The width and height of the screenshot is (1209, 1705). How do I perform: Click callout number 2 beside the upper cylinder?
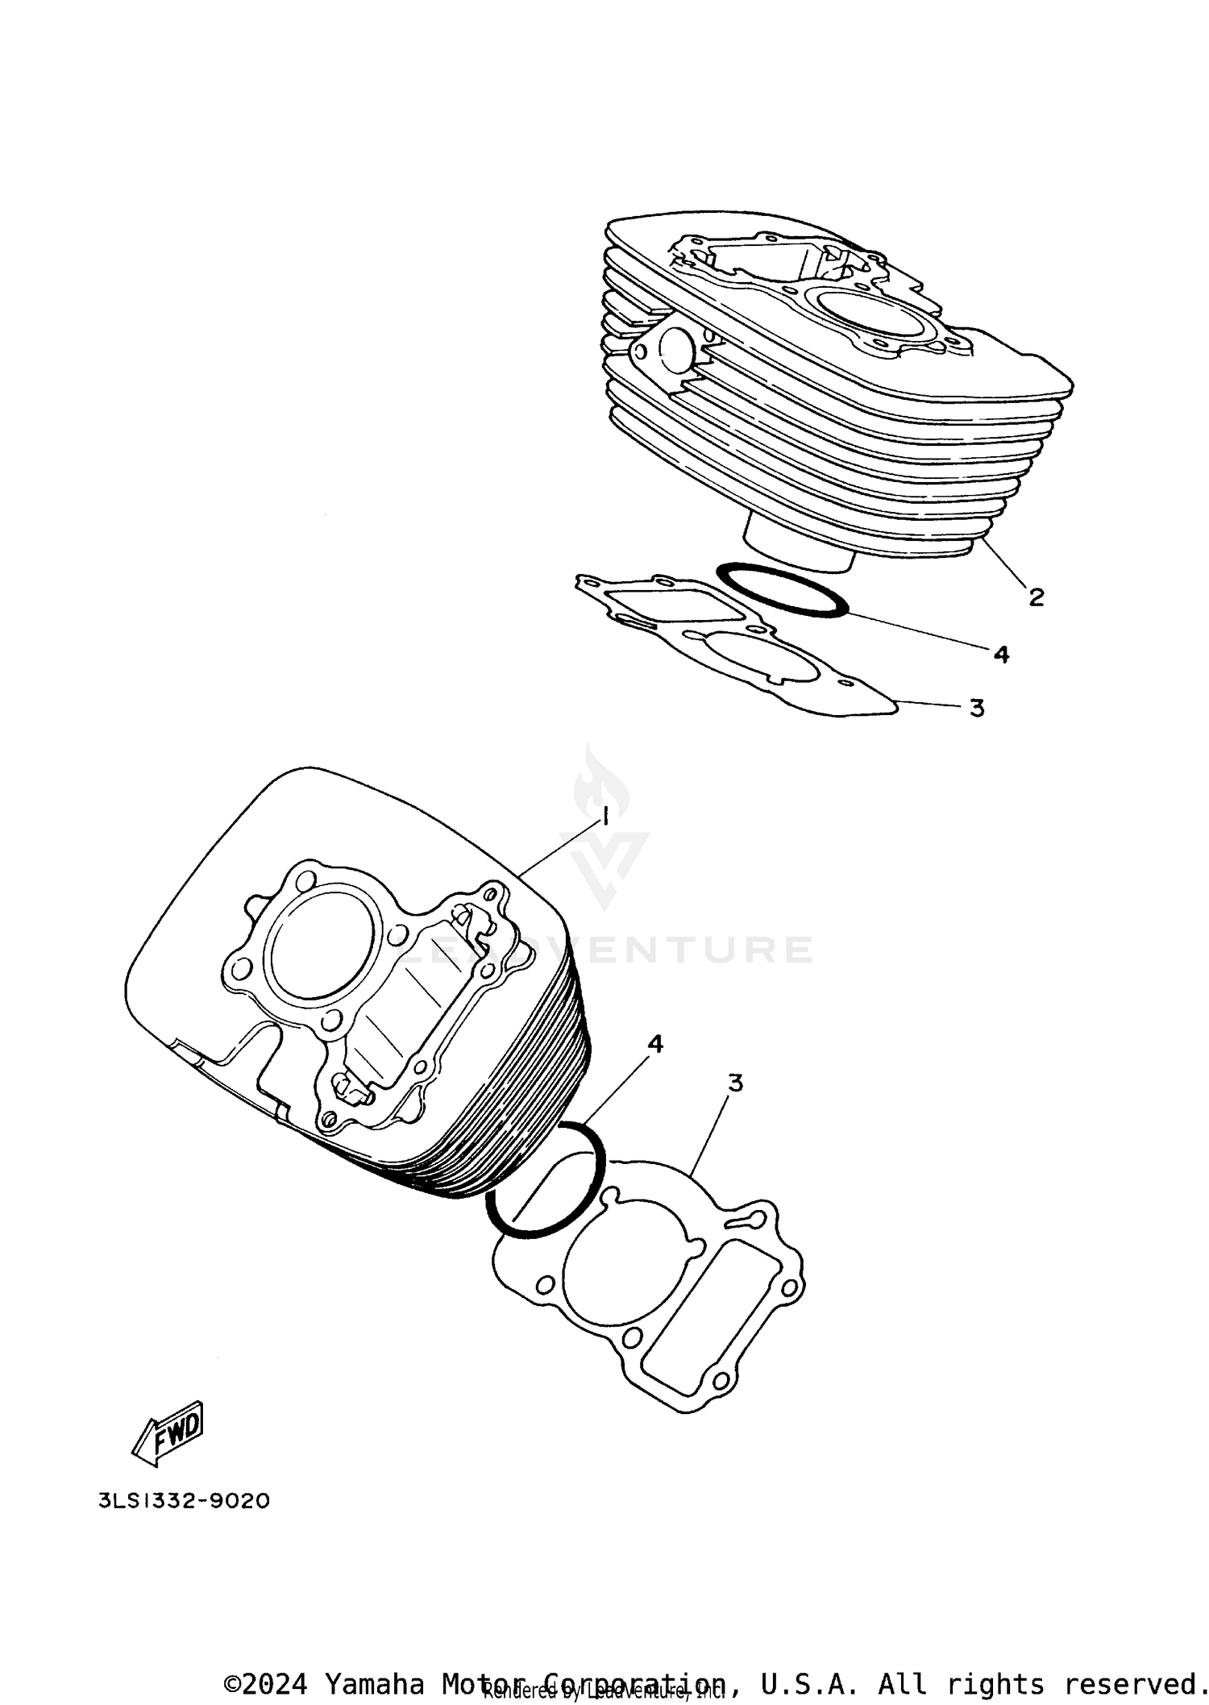point(1036,597)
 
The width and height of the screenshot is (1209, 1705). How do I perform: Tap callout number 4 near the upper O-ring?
point(1001,654)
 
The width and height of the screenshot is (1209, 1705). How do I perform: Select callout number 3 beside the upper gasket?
point(977,708)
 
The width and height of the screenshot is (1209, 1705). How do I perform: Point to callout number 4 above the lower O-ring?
point(655,1044)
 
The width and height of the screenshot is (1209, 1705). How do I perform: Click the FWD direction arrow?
point(169,1433)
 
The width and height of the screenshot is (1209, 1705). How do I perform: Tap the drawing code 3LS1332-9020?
point(184,1501)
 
